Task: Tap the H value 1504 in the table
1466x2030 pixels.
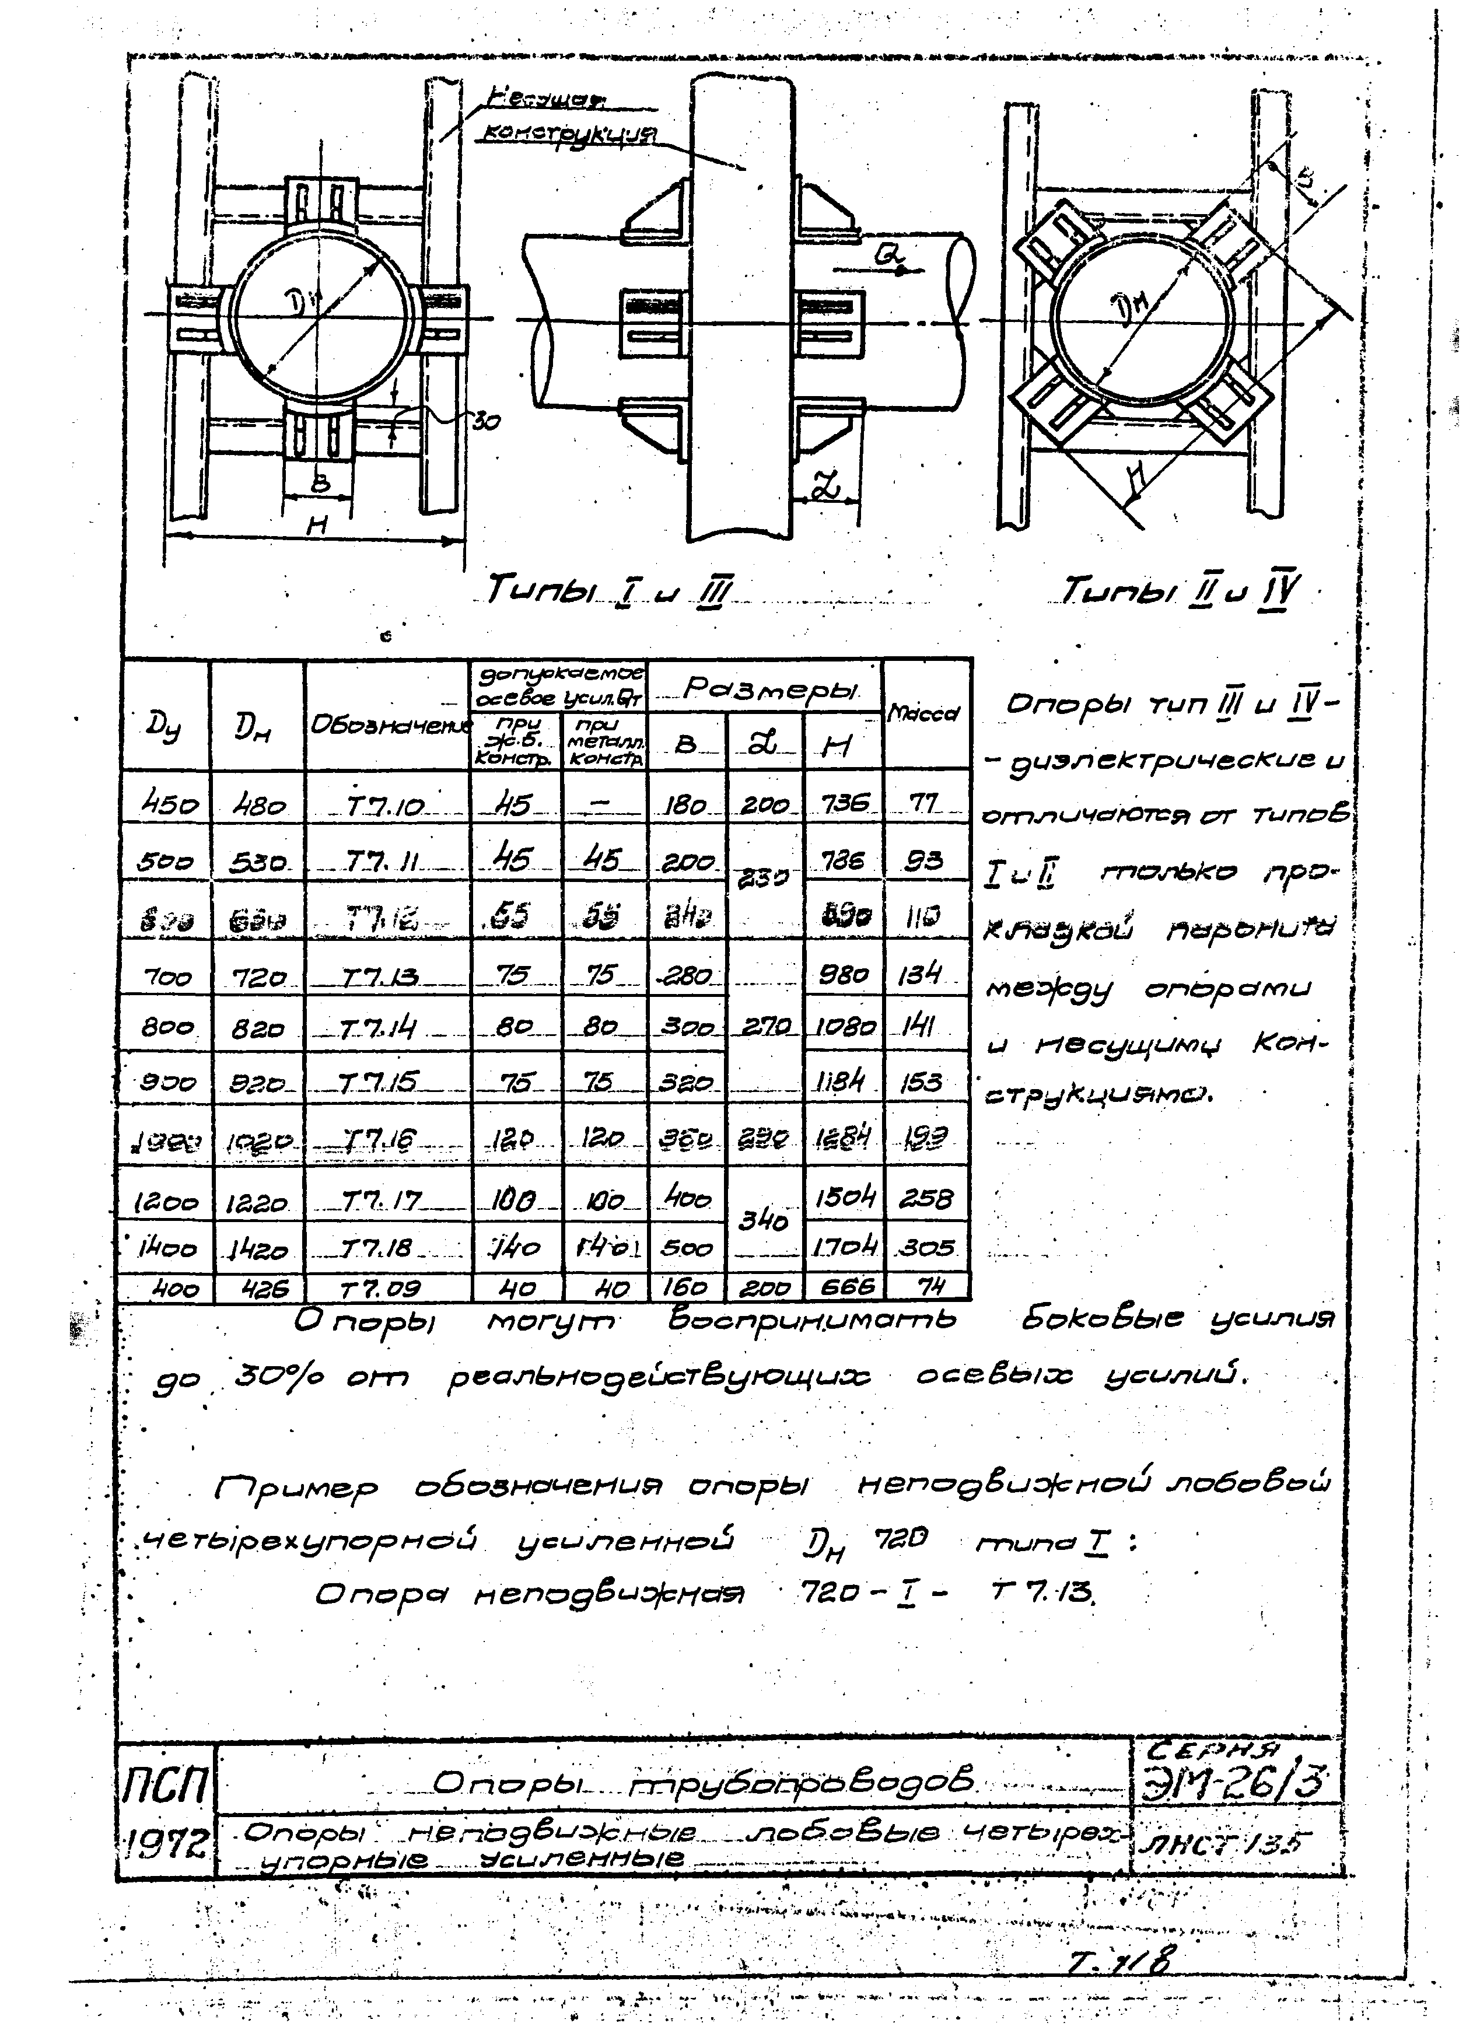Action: (843, 1196)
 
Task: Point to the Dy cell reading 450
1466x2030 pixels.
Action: (166, 806)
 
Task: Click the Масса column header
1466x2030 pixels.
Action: (925, 713)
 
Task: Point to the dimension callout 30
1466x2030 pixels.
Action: (486, 422)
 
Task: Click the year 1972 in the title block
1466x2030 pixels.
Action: (166, 1844)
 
